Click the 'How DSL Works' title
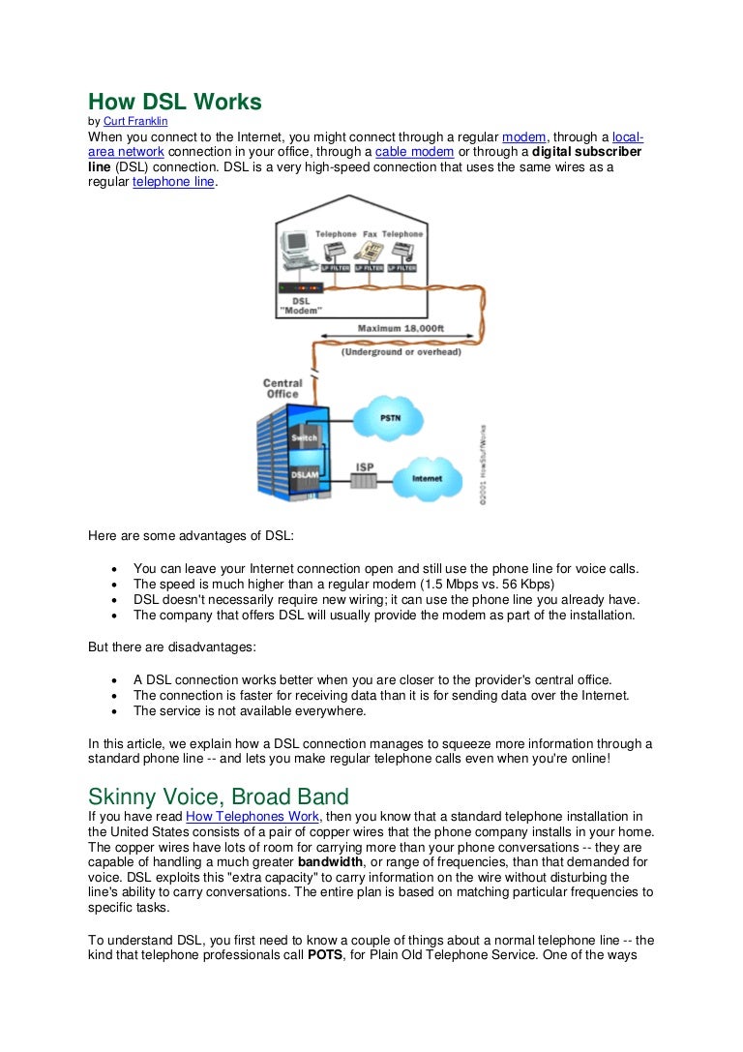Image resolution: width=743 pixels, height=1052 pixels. pyautogui.click(x=175, y=102)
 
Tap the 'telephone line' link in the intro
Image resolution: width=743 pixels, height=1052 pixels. pyautogui.click(x=173, y=181)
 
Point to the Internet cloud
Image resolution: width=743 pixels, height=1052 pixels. pyautogui.click(x=426, y=478)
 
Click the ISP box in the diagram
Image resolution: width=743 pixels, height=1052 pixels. pyautogui.click(x=365, y=479)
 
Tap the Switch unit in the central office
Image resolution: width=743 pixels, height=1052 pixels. pyautogui.click(x=305, y=438)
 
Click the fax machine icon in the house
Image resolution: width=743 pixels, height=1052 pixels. pyautogui.click(x=371, y=251)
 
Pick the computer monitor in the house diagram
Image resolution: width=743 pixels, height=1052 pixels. pyautogui.click(x=295, y=247)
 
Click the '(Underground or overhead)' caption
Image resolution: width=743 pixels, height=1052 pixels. pyautogui.click(x=400, y=352)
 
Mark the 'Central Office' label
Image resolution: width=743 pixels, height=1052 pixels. pyautogui.click(x=282, y=388)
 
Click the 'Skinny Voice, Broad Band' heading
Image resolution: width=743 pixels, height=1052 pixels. pyautogui.click(x=219, y=797)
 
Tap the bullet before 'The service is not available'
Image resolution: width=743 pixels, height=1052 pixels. pyautogui.click(x=114, y=710)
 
